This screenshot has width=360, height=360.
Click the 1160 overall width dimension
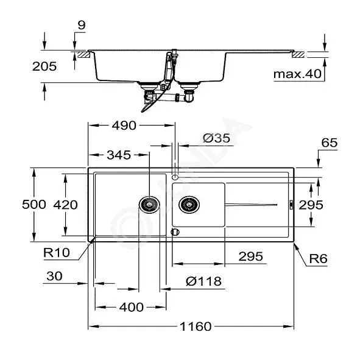tap(196, 326)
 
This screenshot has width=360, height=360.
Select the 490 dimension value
tap(124, 125)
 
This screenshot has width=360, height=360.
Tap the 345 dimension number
tap(119, 155)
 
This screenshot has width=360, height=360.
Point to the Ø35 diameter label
tap(216, 138)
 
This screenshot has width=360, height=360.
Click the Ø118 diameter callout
tap(204, 281)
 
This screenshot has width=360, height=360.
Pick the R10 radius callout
tap(57, 253)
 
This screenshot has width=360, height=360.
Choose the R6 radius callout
tap(318, 259)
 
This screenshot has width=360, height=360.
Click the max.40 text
tap(297, 74)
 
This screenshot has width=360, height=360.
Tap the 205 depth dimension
tap(44, 66)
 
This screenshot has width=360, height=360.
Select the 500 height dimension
tap(34, 204)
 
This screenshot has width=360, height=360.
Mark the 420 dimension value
tap(65, 205)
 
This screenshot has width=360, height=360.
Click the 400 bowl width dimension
tap(132, 307)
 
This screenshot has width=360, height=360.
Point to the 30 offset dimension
tap(54, 276)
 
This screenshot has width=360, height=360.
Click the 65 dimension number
tap(330, 143)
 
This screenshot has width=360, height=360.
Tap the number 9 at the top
tap(82, 25)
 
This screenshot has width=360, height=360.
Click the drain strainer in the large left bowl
tap(149, 205)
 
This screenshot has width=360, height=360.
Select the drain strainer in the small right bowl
tap(189, 205)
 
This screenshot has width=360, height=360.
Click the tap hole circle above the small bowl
tap(175, 177)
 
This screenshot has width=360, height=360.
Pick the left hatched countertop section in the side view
tap(83, 55)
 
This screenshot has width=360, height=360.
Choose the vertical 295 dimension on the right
tap(311, 205)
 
